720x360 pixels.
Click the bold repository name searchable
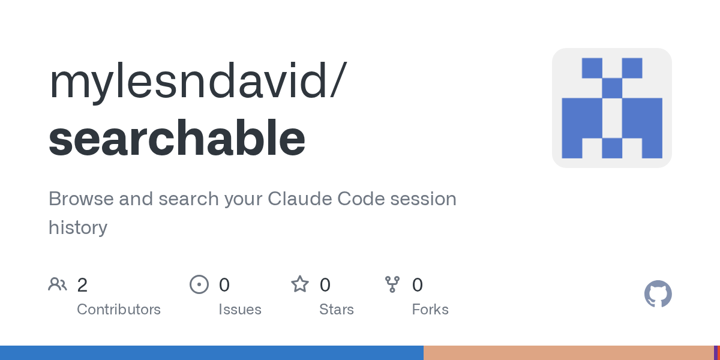tap(177, 137)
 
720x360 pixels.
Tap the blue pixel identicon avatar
tap(612, 108)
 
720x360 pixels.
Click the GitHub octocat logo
tap(658, 294)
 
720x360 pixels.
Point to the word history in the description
tap(78, 227)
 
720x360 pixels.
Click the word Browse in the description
tap(81, 199)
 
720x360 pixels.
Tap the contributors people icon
tap(58, 284)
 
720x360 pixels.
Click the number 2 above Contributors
tap(82, 285)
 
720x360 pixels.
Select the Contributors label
tap(119, 309)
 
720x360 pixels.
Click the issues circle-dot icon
tap(199, 284)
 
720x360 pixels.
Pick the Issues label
tap(240, 309)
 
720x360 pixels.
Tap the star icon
tap(300, 284)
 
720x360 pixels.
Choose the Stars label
tap(337, 309)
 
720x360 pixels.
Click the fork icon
tap(392, 284)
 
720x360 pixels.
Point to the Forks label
tap(430, 309)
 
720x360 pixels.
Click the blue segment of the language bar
tap(212, 353)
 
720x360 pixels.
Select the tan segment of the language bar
tap(569, 353)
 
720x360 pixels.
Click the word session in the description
tap(424, 199)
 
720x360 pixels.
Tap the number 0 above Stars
tap(325, 285)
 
